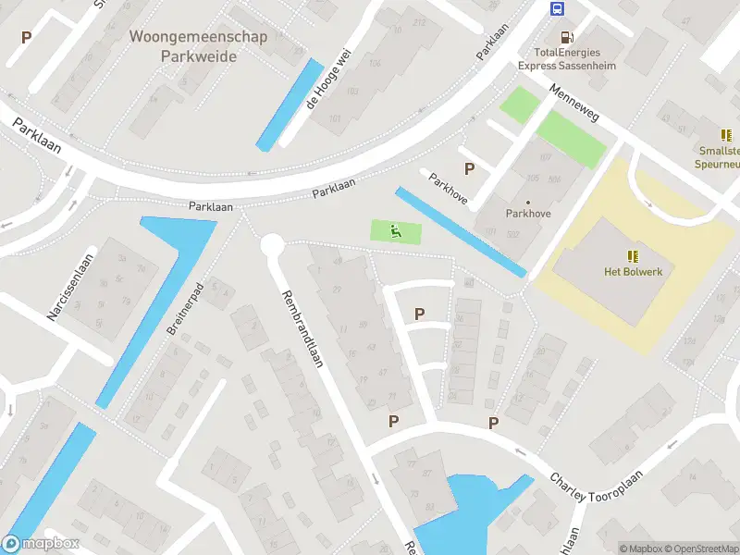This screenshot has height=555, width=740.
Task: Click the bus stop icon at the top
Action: pos(558,9)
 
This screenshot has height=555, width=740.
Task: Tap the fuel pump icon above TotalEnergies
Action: pos(567,38)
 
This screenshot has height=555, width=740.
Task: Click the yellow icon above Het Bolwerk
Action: pos(634,255)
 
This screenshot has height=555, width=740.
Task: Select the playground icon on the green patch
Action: pos(395,231)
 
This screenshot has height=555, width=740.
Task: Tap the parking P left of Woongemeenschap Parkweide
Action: pos(26,38)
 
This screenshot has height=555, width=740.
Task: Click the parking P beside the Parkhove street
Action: pos(470,169)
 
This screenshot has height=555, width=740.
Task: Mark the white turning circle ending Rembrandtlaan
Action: pos(271,244)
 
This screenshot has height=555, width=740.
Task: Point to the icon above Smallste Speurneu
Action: pos(725,135)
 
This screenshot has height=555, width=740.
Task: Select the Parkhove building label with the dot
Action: pos(528,212)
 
